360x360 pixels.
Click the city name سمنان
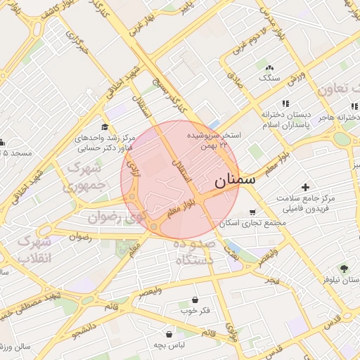236,180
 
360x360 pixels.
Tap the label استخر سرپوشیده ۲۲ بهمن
214,139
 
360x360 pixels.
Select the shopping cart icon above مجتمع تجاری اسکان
252,212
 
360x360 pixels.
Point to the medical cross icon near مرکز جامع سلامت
305,187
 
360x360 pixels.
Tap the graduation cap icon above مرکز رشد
105,127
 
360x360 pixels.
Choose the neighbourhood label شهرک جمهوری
89,179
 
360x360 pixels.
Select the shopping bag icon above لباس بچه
169,334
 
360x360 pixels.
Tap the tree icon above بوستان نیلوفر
344,268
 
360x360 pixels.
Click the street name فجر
271,279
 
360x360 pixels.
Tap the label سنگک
269,78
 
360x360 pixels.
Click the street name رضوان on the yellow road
81,237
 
